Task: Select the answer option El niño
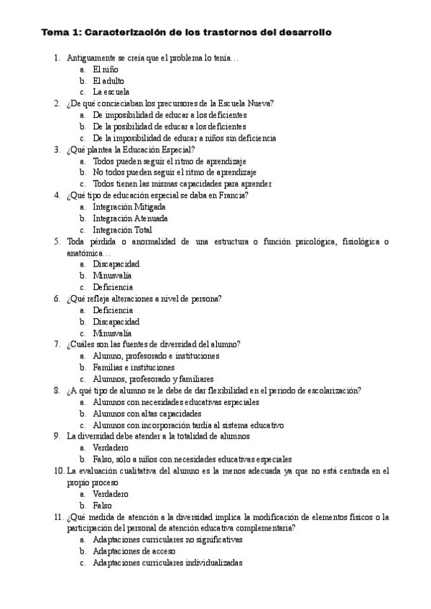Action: tap(106, 70)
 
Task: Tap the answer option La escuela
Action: tap(111, 92)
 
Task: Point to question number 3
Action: tap(57, 149)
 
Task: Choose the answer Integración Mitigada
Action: tap(129, 207)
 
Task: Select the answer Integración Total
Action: tap(122, 230)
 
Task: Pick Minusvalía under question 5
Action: tap(112, 276)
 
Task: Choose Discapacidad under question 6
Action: tap(116, 322)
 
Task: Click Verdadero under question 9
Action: tap(111, 448)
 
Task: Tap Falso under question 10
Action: tap(103, 506)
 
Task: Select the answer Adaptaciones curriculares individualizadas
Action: tap(167, 563)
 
